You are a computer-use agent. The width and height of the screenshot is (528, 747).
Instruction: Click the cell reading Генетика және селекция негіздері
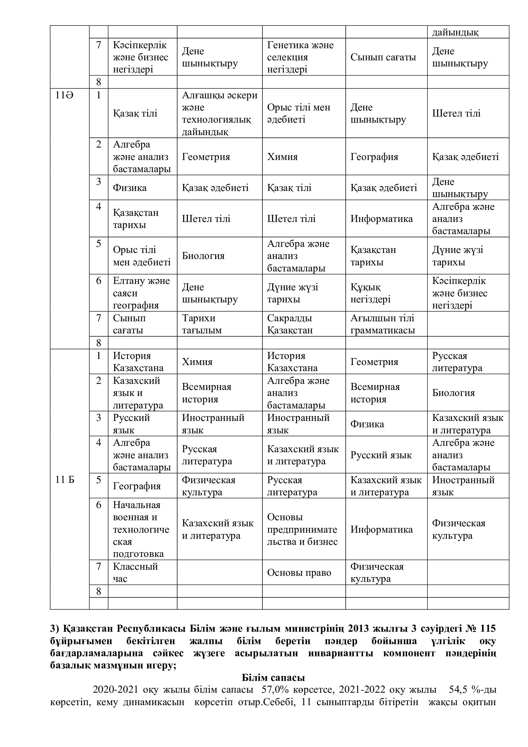coord(300,57)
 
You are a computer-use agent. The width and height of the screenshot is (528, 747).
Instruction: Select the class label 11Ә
coord(64,96)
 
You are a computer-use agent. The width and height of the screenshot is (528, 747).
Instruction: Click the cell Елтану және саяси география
coord(141,293)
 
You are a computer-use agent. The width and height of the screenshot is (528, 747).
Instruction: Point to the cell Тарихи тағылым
coord(201,324)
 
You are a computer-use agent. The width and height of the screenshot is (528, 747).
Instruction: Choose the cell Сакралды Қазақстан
coord(290,324)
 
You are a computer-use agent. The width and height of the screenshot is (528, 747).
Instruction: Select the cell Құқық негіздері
coord(370,293)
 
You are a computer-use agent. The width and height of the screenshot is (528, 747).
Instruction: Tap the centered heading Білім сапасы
coord(273,677)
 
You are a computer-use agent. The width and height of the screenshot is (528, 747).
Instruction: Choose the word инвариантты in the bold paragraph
coord(340,653)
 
